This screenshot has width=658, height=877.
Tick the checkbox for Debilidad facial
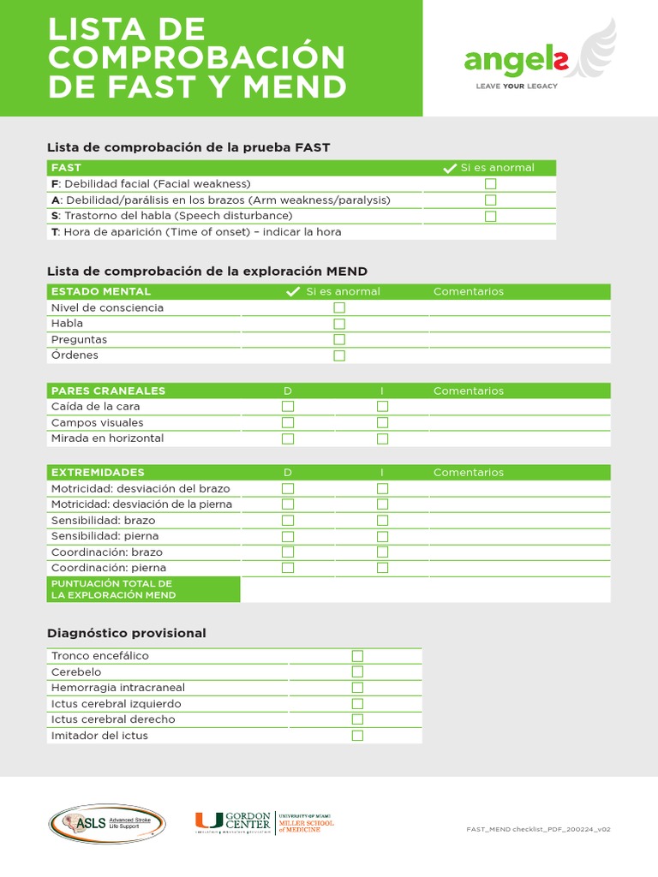490,184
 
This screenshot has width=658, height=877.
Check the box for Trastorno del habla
490,216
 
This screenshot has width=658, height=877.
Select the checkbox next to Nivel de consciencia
339,307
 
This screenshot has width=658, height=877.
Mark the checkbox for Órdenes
339,355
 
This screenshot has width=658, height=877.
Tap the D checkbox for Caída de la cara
288,407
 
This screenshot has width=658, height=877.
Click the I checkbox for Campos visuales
382,422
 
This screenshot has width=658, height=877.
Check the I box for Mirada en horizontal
382,438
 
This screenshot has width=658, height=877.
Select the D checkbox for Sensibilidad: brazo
288,520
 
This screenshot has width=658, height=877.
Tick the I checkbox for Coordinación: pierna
382,568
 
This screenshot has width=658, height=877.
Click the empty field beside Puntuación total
425,589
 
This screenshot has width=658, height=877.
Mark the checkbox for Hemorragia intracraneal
357,688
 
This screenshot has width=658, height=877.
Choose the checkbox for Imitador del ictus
357,736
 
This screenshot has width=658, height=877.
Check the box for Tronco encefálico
357,656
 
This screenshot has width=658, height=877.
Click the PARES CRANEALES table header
108,391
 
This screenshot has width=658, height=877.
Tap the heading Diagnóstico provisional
126,633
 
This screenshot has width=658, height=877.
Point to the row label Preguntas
79,339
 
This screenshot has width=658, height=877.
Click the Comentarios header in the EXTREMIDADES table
468,473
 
